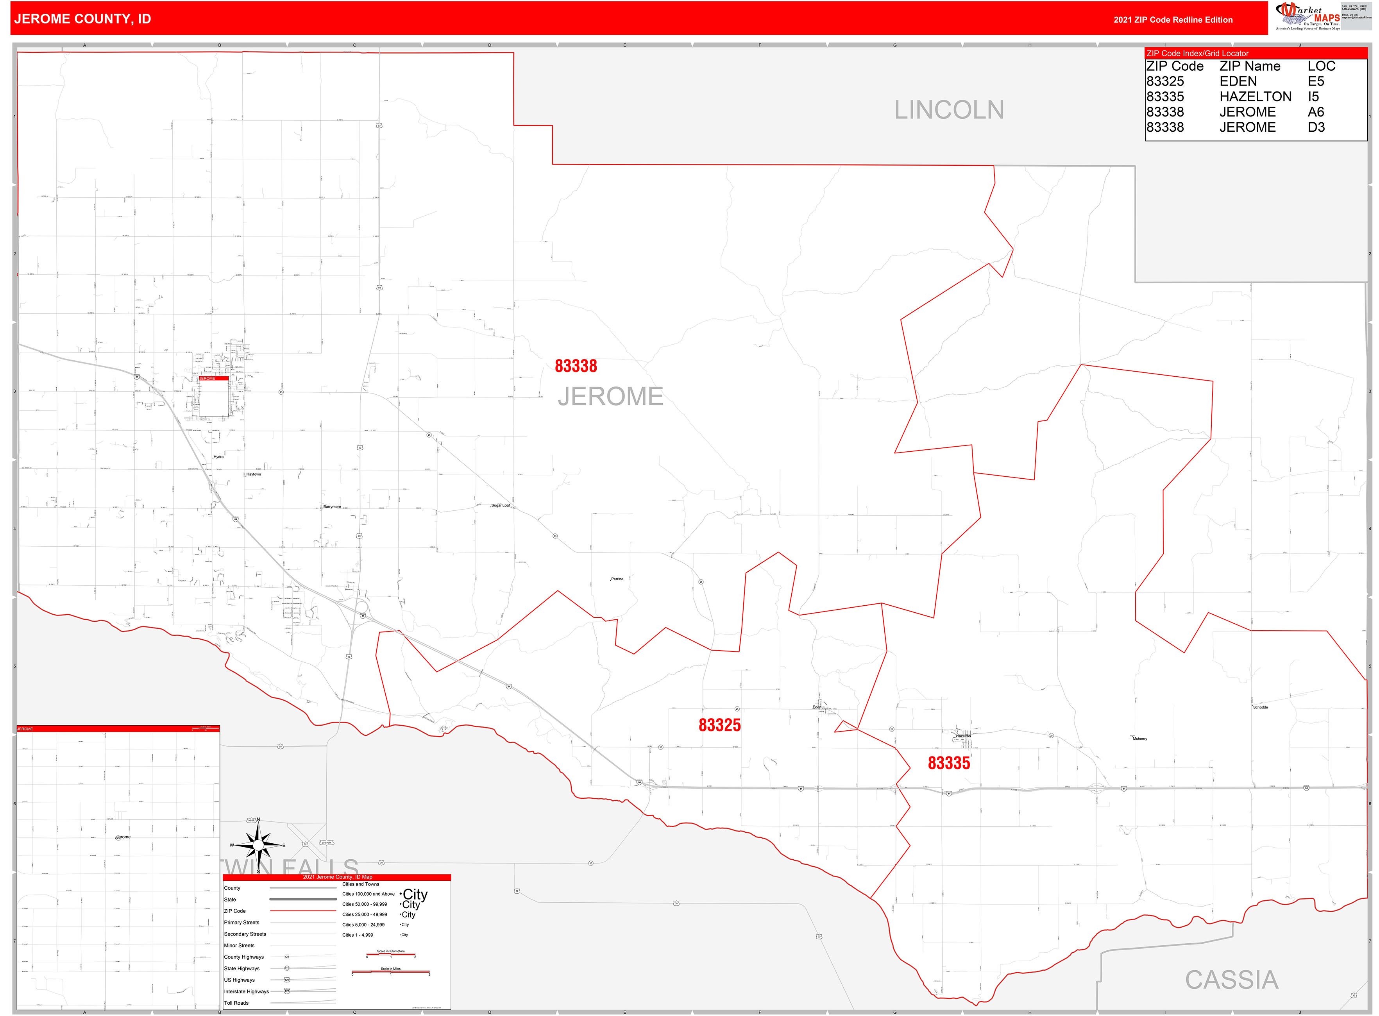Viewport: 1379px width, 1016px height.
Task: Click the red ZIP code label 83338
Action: pyautogui.click(x=576, y=366)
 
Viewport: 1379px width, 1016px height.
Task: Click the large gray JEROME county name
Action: pyautogui.click(x=610, y=397)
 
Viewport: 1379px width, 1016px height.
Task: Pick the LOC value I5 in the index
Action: pyautogui.click(x=1313, y=97)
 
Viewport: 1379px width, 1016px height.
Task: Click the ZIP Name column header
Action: pyautogui.click(x=1249, y=66)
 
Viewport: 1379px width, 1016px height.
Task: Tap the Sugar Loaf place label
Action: pyautogui.click(x=500, y=506)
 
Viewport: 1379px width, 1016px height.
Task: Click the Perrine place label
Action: pyautogui.click(x=617, y=579)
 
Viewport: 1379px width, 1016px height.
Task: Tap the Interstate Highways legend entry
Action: pyautogui.click(x=246, y=991)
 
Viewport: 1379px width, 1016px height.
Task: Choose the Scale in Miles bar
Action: pyautogui.click(x=391, y=972)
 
